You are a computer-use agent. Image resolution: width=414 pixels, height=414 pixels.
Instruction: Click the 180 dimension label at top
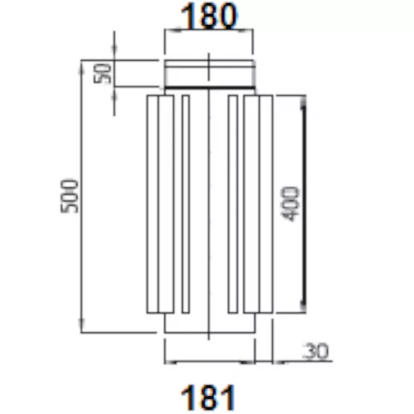tap(209, 16)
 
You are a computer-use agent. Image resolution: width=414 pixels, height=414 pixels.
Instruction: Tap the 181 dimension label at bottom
tap(209, 397)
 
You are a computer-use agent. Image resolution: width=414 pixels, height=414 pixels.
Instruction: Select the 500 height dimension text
tap(70, 196)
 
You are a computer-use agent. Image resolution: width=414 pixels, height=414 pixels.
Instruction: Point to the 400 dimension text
tap(291, 204)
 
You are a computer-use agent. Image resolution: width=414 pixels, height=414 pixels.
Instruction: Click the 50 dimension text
tap(103, 73)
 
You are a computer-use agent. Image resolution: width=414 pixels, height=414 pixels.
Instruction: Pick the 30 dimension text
tap(316, 351)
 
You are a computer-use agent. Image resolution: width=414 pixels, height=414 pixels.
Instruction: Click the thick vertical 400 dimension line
tap(304, 204)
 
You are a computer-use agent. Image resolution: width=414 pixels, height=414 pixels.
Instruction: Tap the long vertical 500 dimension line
tap(82, 196)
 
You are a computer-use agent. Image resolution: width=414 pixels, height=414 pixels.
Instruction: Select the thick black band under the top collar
tap(210, 87)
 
